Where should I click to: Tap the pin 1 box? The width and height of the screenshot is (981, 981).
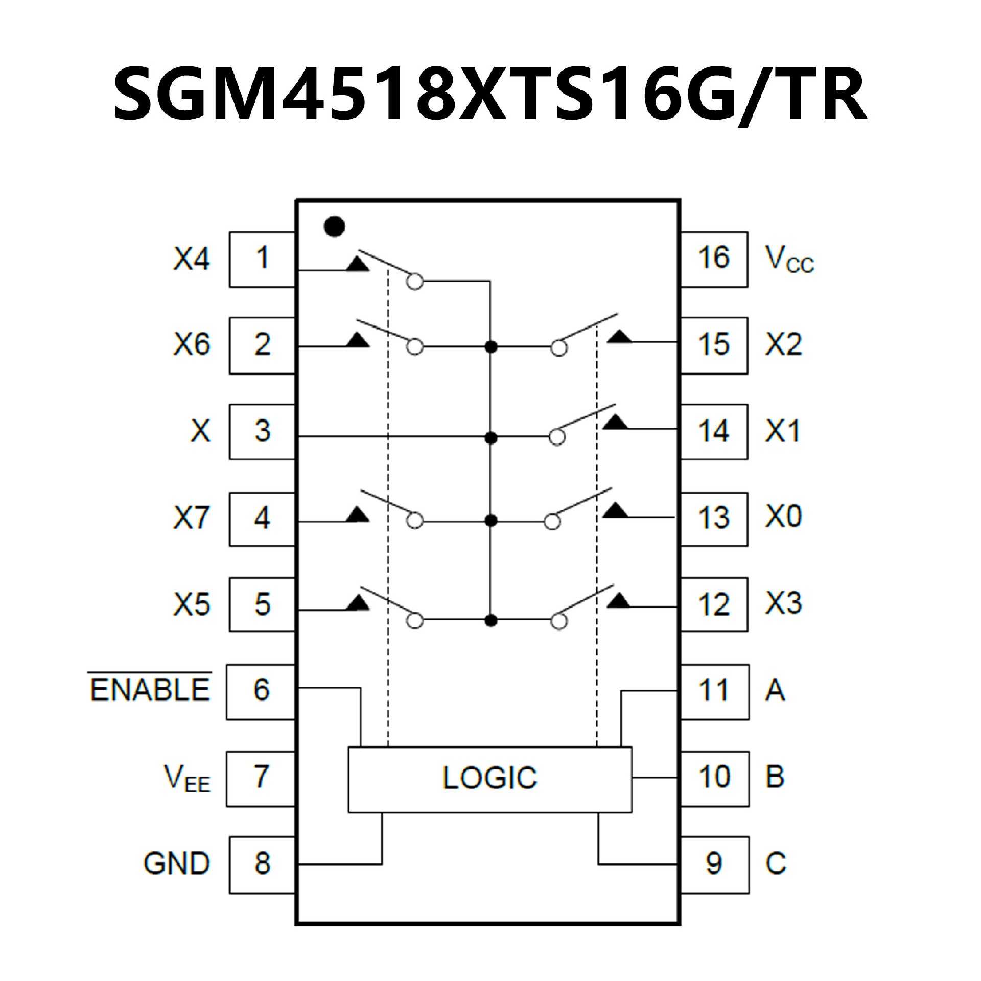click(x=262, y=259)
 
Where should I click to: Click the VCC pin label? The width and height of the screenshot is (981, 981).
click(x=788, y=259)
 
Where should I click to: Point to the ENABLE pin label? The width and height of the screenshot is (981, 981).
click(x=150, y=689)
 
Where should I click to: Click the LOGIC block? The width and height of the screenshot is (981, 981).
click(x=489, y=779)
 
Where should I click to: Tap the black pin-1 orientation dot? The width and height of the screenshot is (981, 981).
click(x=335, y=226)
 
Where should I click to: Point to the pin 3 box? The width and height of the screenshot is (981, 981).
click(x=262, y=431)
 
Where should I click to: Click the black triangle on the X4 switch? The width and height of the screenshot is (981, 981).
click(x=358, y=264)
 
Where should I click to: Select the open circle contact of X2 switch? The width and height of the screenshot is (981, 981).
click(x=559, y=348)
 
